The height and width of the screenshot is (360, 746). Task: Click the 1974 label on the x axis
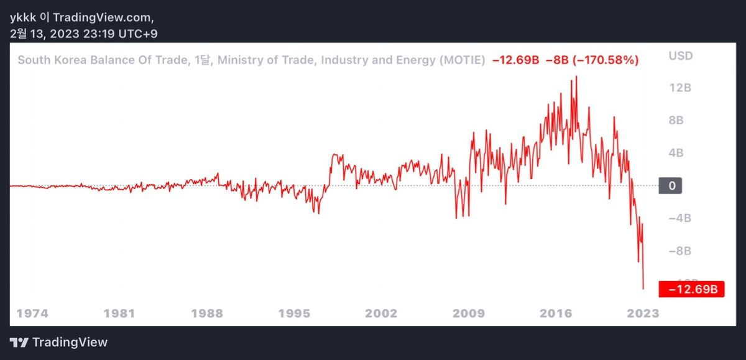[x=32, y=313]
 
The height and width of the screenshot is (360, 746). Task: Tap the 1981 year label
[x=119, y=313]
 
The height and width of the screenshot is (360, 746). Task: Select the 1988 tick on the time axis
[x=206, y=313]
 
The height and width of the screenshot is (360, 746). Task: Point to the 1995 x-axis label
[x=294, y=313]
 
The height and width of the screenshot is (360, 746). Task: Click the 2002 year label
[x=381, y=313]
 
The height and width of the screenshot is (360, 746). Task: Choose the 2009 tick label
[x=469, y=313]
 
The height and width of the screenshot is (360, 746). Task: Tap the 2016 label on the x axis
[x=556, y=313]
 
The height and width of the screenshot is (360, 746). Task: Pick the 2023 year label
[x=643, y=313]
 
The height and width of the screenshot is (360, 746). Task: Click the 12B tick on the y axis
[x=679, y=88]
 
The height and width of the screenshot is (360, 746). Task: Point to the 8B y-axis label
[x=676, y=121]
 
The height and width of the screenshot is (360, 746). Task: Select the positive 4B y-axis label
[x=676, y=153]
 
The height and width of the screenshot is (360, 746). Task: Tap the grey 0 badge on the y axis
[x=670, y=185]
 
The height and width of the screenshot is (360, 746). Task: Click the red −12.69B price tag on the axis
[x=692, y=289]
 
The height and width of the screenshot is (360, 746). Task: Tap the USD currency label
[x=680, y=56]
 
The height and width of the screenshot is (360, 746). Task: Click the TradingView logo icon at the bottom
[x=19, y=343]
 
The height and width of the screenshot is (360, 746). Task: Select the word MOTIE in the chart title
[x=460, y=60]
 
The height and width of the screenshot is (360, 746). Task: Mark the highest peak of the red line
[x=576, y=76]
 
